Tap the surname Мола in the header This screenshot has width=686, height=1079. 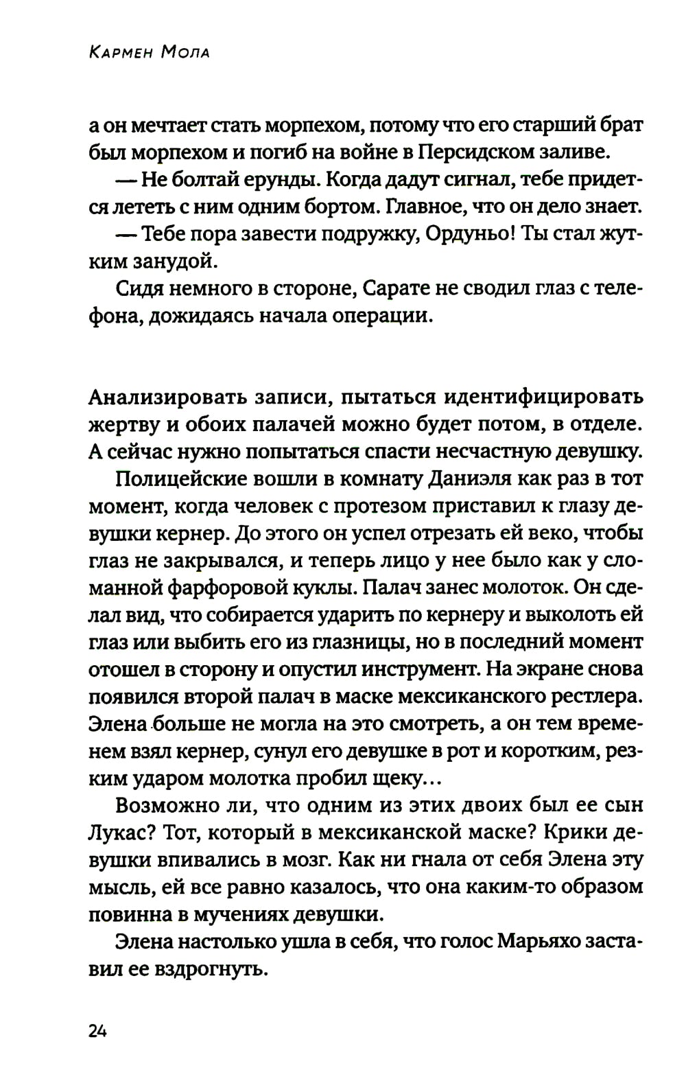tap(185, 51)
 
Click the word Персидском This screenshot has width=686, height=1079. tap(478, 152)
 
